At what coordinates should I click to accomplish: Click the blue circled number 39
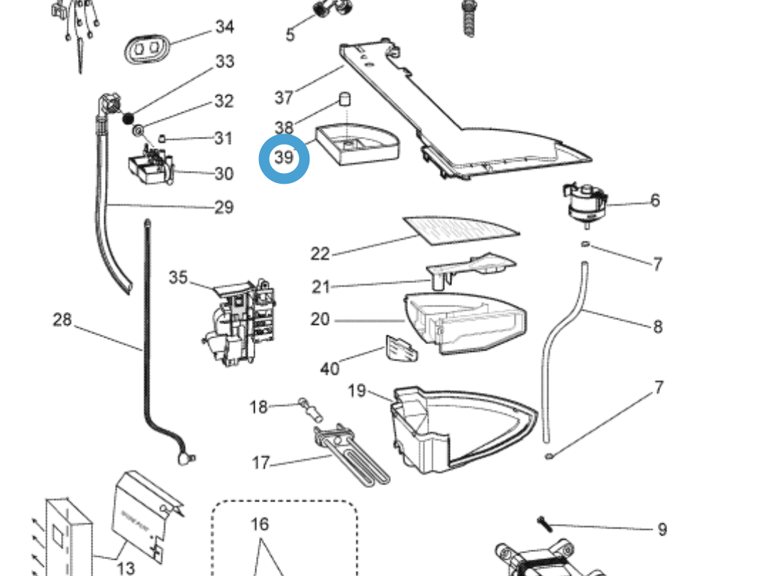(284, 157)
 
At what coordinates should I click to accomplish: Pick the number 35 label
(178, 277)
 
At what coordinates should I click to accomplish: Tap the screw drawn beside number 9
(544, 524)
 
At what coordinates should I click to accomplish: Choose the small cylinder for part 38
(344, 99)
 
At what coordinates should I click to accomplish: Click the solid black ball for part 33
(129, 118)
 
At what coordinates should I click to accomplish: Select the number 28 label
(62, 320)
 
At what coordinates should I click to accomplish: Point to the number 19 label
(358, 391)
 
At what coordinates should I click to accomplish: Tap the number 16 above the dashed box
(260, 524)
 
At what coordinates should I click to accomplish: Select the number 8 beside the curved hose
(657, 326)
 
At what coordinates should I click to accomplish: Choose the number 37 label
(284, 97)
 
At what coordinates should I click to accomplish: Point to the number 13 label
(125, 567)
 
